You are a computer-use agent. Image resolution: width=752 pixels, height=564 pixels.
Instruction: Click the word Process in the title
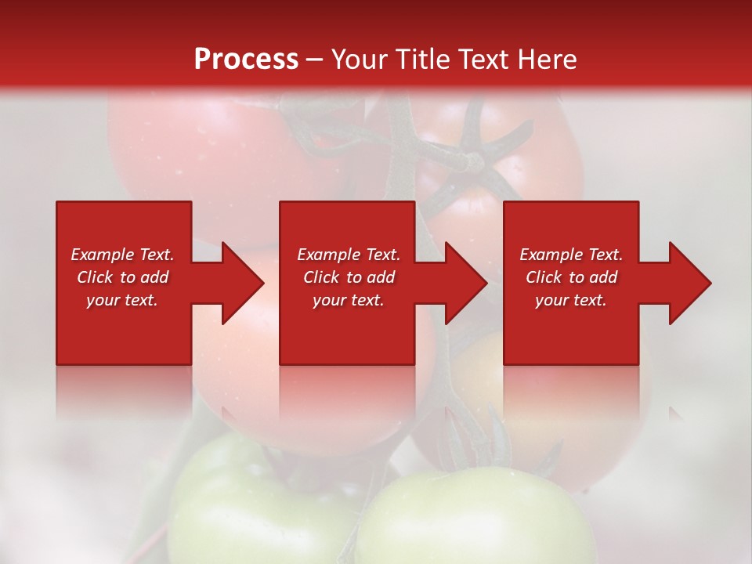point(246,60)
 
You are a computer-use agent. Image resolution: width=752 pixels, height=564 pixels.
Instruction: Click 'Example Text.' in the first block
point(122,255)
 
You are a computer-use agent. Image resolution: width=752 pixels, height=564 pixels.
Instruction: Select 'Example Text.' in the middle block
point(348,255)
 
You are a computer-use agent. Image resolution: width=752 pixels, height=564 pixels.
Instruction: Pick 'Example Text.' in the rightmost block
point(571,255)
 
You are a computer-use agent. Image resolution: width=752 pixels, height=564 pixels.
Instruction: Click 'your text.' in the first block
point(122,300)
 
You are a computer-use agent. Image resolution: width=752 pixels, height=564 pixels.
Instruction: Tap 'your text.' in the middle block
point(348,300)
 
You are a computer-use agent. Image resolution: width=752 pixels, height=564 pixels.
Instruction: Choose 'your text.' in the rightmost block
point(571,300)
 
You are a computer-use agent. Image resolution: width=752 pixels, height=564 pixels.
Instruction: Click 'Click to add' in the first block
point(122,277)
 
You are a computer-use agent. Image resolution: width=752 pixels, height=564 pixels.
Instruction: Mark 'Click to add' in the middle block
point(348,277)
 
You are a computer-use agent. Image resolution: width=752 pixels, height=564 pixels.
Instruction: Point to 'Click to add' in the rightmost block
point(571,277)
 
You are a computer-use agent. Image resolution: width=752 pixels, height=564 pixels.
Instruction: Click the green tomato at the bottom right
point(478,521)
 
